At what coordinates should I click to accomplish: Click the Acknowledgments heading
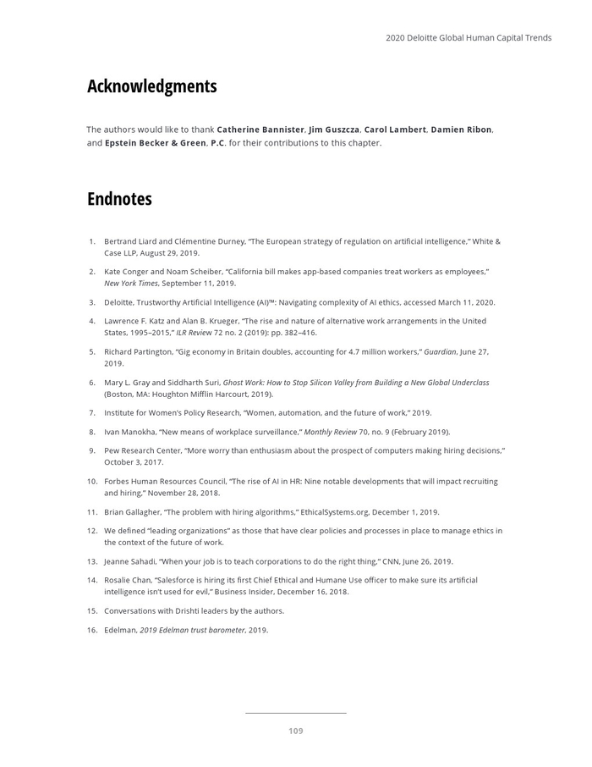pyautogui.click(x=151, y=86)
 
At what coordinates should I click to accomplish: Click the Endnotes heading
pyautogui.click(x=119, y=199)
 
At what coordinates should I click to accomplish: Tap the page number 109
pyautogui.click(x=295, y=731)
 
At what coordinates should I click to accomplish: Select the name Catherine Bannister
pyautogui.click(x=260, y=130)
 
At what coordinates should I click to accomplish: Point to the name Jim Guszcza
pyautogui.click(x=334, y=130)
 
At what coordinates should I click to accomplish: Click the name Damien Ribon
pyautogui.click(x=461, y=130)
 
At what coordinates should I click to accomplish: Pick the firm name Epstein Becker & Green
pyautogui.click(x=155, y=143)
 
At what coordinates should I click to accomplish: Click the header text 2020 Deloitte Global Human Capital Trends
pyautogui.click(x=469, y=38)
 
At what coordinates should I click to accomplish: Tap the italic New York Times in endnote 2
pyautogui.click(x=130, y=284)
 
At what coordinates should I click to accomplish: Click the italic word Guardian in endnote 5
pyautogui.click(x=438, y=351)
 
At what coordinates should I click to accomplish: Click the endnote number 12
pyautogui.click(x=92, y=531)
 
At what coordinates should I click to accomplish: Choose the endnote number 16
pyautogui.click(x=92, y=630)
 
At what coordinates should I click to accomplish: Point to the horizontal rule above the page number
pyautogui.click(x=295, y=714)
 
